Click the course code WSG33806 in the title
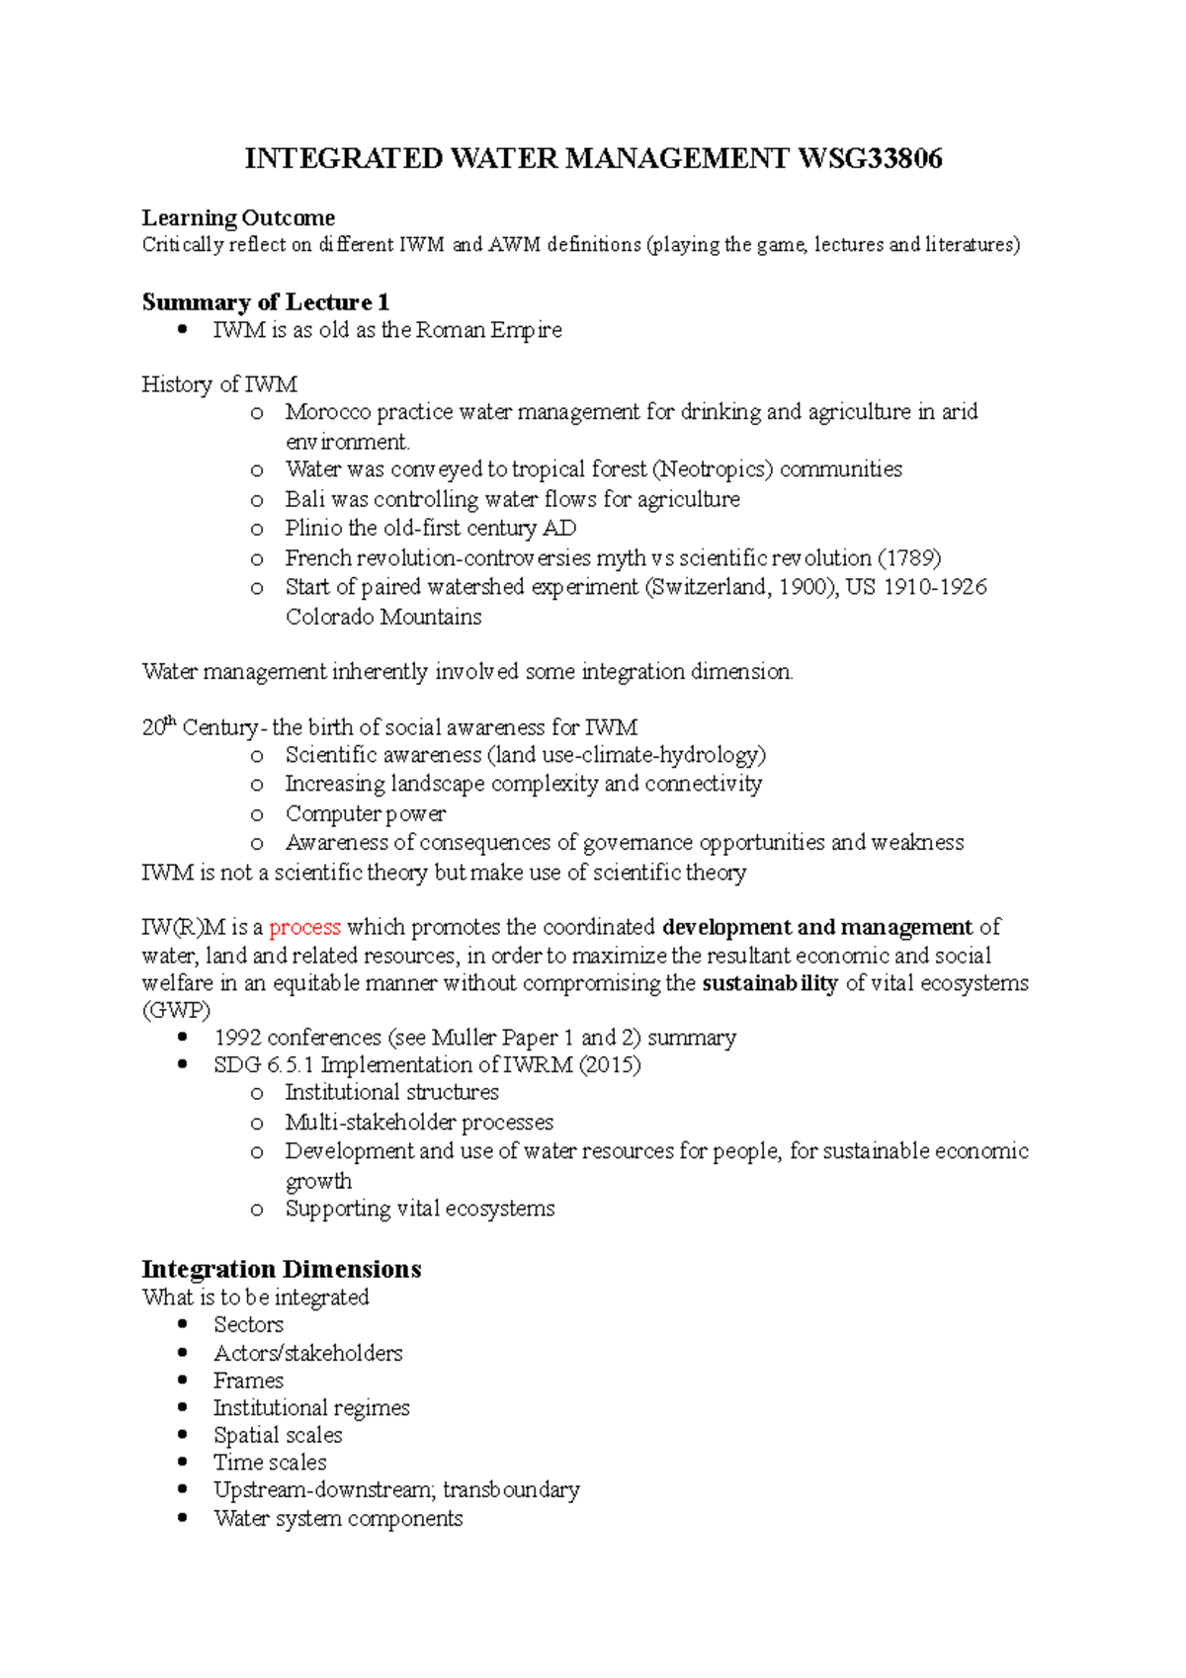coord(870,158)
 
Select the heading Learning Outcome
coord(238,217)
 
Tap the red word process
coord(304,927)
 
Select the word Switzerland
coord(708,587)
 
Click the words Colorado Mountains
coord(383,617)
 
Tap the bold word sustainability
coord(770,983)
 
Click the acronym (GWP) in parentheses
coord(176,1010)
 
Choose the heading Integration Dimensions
coord(282,1269)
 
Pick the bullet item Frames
coord(248,1381)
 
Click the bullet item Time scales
coord(270,1463)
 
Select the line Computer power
coord(366,814)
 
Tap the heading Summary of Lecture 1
coord(265,301)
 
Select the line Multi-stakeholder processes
coord(419,1123)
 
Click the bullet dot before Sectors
coord(182,1324)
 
